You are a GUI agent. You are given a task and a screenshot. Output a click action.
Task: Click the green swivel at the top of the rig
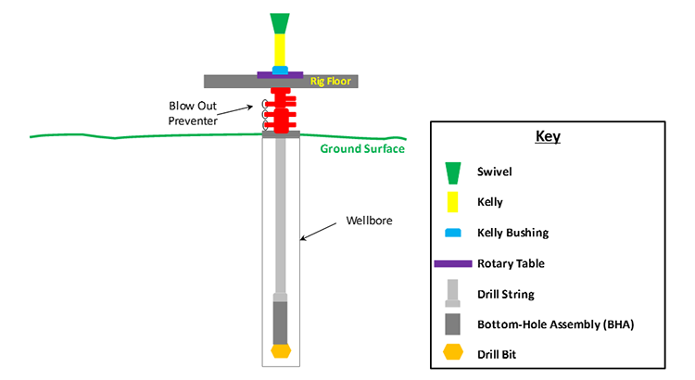click(x=279, y=23)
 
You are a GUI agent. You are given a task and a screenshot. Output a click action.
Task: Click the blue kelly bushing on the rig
click(x=279, y=69)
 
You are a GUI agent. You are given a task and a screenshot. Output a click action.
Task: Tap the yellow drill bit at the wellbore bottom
click(x=280, y=351)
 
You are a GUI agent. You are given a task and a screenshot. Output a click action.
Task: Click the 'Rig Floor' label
click(x=329, y=82)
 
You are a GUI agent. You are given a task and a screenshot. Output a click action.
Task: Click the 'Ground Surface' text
click(x=362, y=148)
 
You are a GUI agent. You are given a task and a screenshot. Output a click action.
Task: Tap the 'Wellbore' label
click(x=369, y=221)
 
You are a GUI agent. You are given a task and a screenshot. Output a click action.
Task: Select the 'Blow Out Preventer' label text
click(x=196, y=112)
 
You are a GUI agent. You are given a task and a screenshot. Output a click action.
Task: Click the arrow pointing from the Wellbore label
click(x=322, y=231)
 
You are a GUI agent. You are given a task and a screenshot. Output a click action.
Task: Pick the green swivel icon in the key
click(x=453, y=171)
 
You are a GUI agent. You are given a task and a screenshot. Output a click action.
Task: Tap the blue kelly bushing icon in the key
click(x=453, y=233)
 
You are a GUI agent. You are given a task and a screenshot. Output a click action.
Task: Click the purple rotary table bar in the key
click(x=453, y=264)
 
